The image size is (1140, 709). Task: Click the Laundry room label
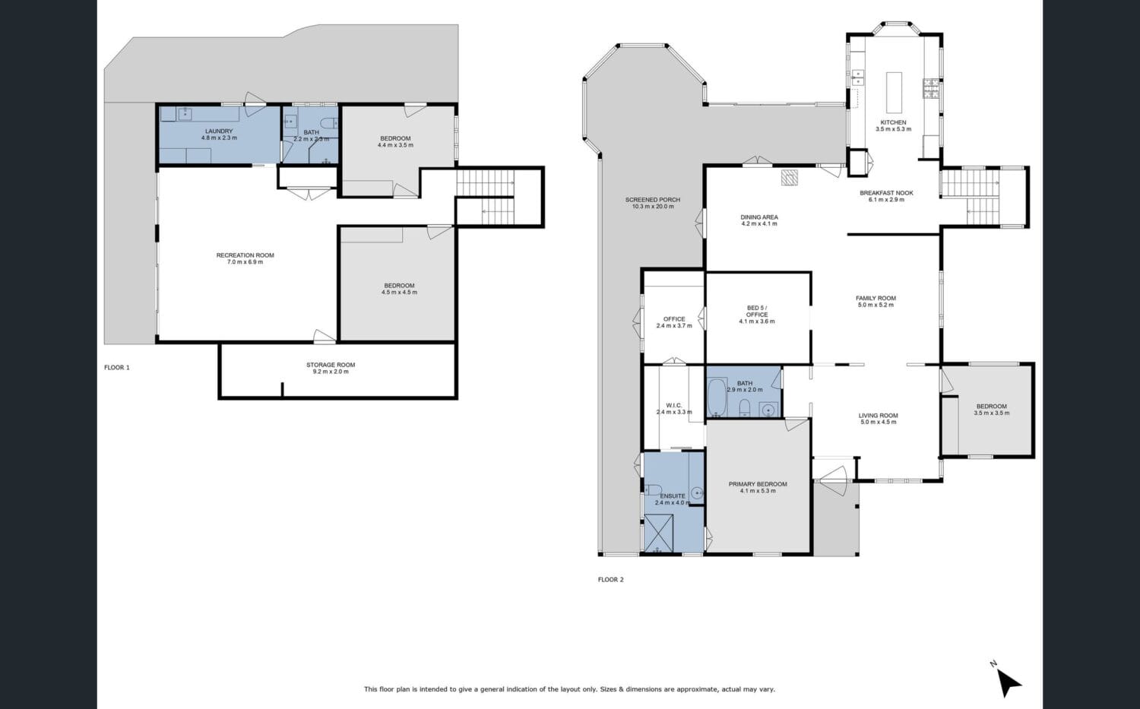tap(219, 131)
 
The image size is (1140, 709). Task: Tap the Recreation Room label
tap(245, 255)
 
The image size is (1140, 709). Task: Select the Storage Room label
tap(331, 365)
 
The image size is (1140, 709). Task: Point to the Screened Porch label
tap(653, 200)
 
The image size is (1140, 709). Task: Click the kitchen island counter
tap(895, 92)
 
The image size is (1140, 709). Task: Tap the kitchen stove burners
tap(931, 88)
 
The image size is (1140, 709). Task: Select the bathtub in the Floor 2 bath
tap(717, 397)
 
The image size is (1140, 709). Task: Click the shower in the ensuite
tap(659, 533)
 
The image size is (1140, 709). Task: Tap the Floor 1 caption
tap(117, 368)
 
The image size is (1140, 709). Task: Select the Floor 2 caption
tap(611, 580)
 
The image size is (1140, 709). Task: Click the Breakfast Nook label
tap(887, 193)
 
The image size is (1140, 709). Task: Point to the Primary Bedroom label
tap(758, 484)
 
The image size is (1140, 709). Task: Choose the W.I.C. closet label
tap(674, 406)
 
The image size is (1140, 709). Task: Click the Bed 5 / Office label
tap(757, 311)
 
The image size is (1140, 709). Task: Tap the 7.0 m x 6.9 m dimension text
tap(245, 262)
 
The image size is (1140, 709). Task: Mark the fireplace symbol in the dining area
tap(790, 177)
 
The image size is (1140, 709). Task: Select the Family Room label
tap(876, 298)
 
